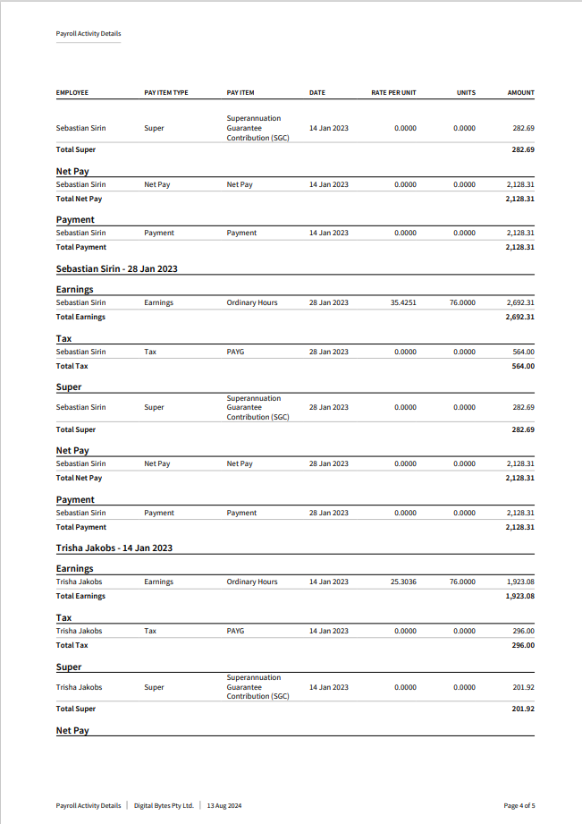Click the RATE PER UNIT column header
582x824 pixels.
coord(393,93)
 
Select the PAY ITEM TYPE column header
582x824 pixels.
coord(166,93)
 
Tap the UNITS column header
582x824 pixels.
coord(466,93)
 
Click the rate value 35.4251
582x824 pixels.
coord(403,302)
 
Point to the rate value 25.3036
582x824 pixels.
coord(403,582)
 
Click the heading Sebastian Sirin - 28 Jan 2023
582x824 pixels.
coord(116,268)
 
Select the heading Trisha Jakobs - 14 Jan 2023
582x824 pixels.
coord(114,548)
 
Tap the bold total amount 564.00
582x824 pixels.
coord(523,366)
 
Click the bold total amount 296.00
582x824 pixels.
coord(523,645)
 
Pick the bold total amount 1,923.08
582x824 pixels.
coord(520,596)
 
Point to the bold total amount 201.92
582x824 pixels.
coord(523,709)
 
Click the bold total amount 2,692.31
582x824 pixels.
coord(520,317)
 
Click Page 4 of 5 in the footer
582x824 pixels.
coord(519,805)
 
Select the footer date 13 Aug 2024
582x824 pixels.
coord(224,805)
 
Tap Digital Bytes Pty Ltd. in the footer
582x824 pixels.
coord(164,805)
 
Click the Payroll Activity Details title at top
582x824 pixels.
coord(89,34)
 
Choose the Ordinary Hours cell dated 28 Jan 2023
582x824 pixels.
coord(252,302)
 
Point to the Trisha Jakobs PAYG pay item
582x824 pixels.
coord(235,631)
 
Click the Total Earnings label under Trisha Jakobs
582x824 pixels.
coord(80,596)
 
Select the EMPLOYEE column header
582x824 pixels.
coord(72,93)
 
